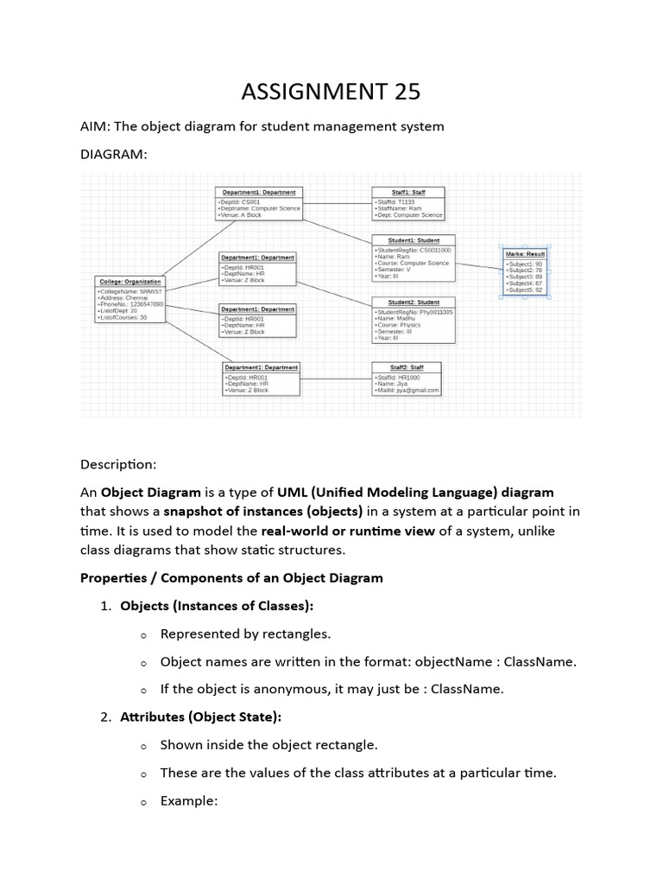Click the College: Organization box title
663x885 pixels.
pyautogui.click(x=129, y=282)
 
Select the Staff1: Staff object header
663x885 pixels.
pyautogui.click(x=407, y=192)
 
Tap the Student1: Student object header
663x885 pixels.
pyautogui.click(x=414, y=240)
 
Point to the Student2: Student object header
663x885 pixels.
pyautogui.click(x=414, y=302)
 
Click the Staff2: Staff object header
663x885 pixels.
pyautogui.click(x=406, y=367)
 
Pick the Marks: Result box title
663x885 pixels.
pyautogui.click(x=525, y=253)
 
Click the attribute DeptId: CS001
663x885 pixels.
pyautogui.click(x=239, y=201)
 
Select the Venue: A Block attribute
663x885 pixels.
pyautogui.click(x=243, y=215)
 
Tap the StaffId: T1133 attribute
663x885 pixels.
pyautogui.click(x=395, y=201)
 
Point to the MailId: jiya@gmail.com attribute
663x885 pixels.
pyautogui.click(x=407, y=390)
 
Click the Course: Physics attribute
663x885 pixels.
pyautogui.click(x=399, y=325)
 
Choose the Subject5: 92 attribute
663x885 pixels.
pyautogui.click(x=525, y=290)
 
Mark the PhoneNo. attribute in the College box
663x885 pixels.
pyautogui.click(x=131, y=305)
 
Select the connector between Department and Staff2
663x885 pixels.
pyautogui.click(x=335, y=379)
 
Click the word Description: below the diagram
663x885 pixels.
pyautogui.click(x=118, y=464)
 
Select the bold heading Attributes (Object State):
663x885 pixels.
pyautogui.click(x=200, y=716)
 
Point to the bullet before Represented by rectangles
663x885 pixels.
pyautogui.click(x=142, y=634)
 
